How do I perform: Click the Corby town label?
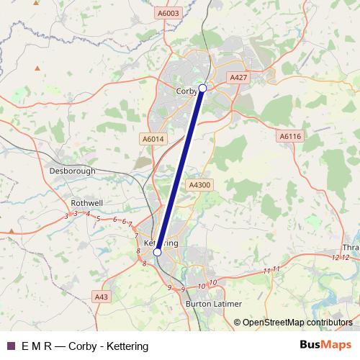click(186, 91)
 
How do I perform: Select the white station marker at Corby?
click(202, 88)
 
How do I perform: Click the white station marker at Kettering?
click(157, 253)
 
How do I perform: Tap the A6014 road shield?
click(153, 139)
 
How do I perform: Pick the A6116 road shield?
click(289, 135)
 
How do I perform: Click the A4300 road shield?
click(199, 185)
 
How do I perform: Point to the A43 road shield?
click(102, 296)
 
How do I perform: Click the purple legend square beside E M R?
click(10, 346)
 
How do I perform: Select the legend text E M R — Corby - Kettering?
click(85, 346)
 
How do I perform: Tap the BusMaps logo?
click(325, 346)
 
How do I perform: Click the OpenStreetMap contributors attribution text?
click(297, 323)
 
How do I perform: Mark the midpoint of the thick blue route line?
click(180, 170)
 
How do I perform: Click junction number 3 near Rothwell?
click(66, 215)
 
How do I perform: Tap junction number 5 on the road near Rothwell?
click(98, 217)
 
